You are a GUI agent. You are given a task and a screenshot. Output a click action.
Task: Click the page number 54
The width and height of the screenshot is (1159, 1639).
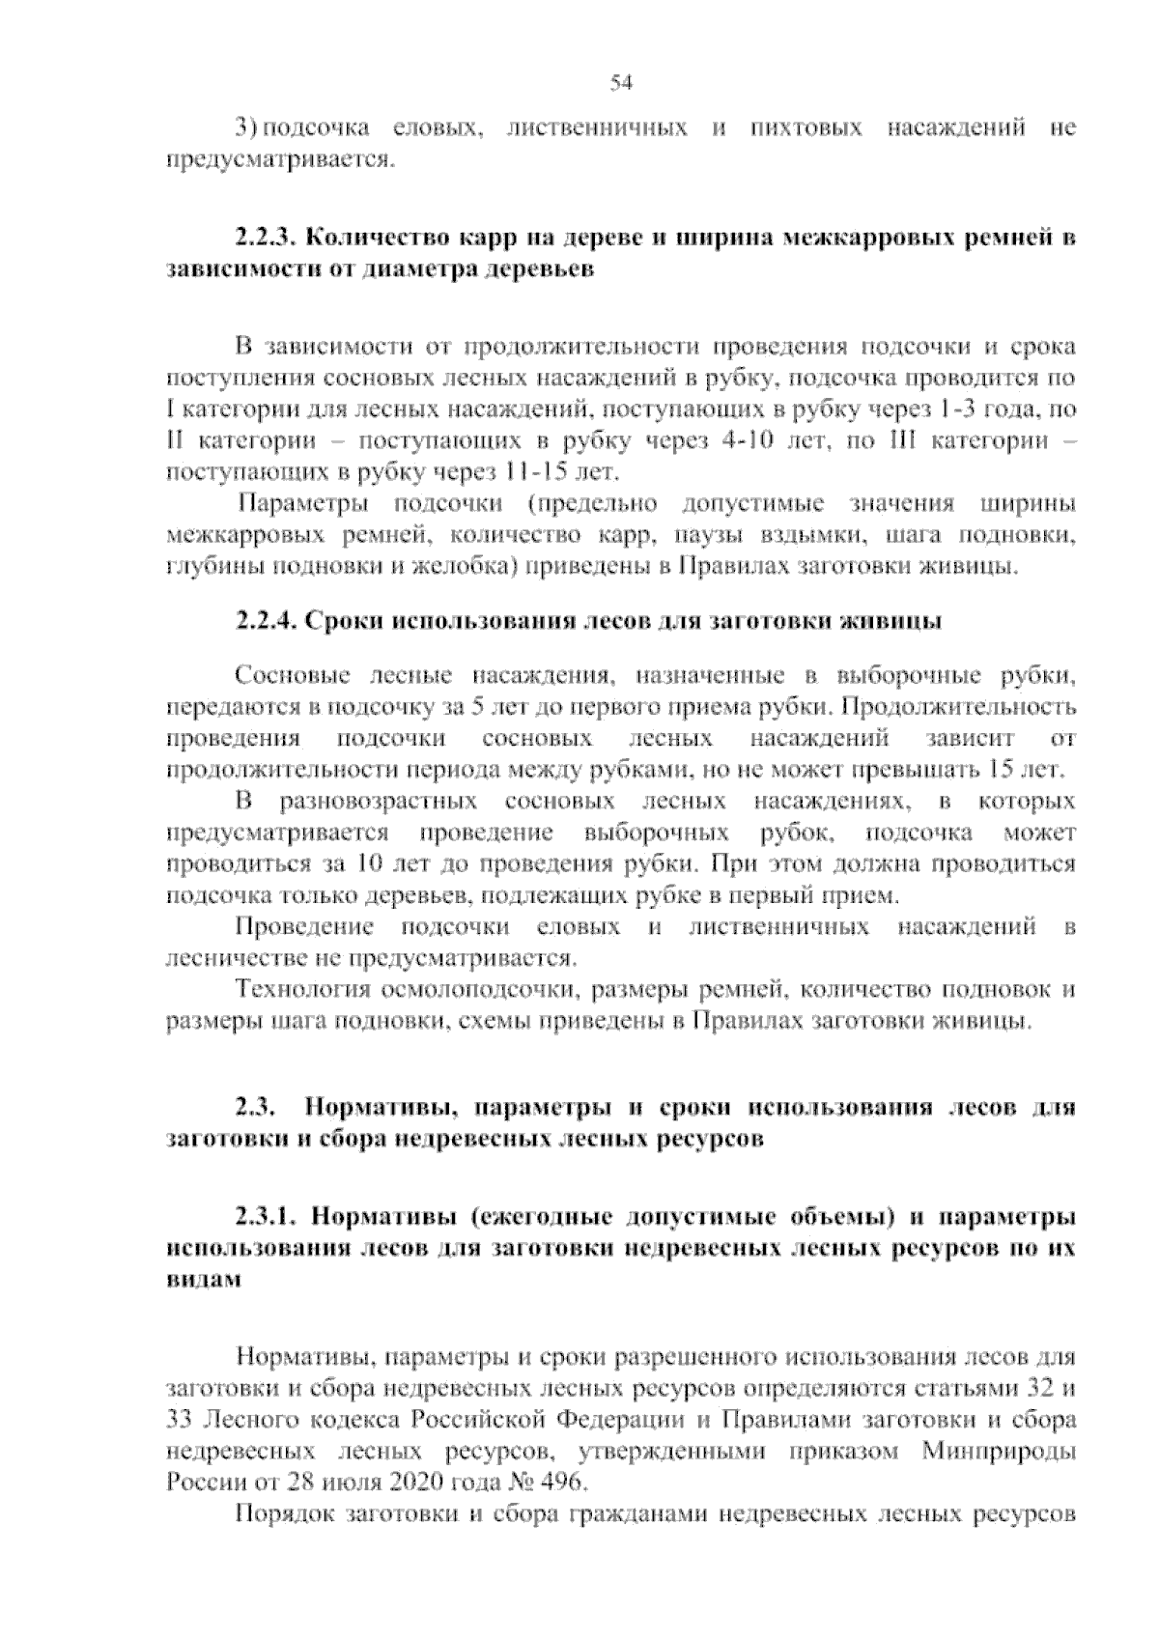coord(621,84)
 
